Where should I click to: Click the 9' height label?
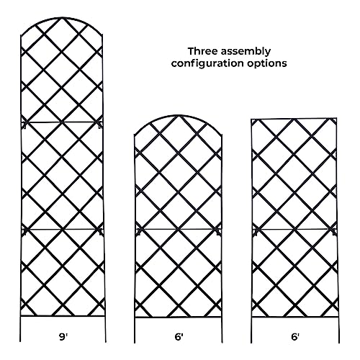(x=63, y=337)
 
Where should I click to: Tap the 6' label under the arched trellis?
(x=179, y=337)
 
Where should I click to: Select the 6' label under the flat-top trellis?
(x=295, y=337)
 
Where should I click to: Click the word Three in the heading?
(x=202, y=51)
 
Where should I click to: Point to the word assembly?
(x=246, y=52)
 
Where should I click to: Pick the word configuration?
(x=207, y=63)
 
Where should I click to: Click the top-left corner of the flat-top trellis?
(x=251, y=120)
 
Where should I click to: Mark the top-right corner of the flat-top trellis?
(x=336, y=118)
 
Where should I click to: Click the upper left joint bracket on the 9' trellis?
(x=24, y=125)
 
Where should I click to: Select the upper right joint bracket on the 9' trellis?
(x=100, y=125)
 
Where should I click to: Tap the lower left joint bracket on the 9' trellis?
(x=24, y=232)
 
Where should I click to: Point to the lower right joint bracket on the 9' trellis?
(x=101, y=232)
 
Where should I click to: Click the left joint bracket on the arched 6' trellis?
(x=138, y=232)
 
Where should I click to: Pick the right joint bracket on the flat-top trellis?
(x=334, y=232)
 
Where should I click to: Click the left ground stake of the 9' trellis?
(x=20, y=329)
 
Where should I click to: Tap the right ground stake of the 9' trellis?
(x=105, y=329)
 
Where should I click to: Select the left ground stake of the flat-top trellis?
(x=252, y=330)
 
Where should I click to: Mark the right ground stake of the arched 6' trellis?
(x=222, y=330)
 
